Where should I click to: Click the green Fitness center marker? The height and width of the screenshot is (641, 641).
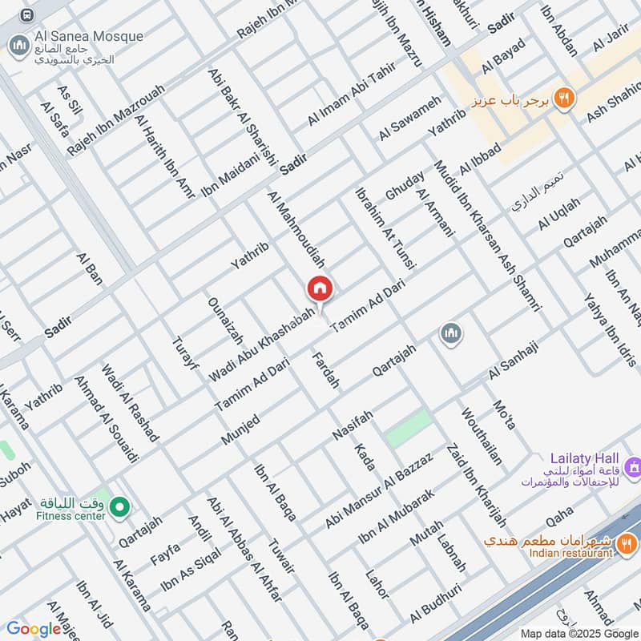coord(120,506)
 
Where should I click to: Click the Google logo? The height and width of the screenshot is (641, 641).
coord(34,629)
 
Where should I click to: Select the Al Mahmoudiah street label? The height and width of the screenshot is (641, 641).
coord(297,229)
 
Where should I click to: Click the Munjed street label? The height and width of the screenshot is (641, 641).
coord(240,431)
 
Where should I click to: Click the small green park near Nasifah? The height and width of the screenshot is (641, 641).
coord(409,428)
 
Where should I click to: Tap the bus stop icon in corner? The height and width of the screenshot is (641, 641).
coord(27,15)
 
